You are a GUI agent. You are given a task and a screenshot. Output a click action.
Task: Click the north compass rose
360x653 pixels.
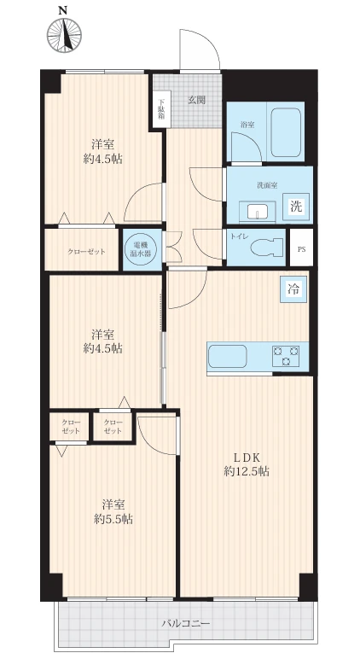click(x=64, y=36)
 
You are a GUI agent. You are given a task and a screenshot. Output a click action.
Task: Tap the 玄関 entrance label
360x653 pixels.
click(x=196, y=100)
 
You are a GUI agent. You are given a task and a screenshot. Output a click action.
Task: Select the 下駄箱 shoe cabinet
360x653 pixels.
click(x=160, y=109)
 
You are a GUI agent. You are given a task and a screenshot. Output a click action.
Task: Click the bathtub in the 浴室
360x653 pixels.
click(x=286, y=132)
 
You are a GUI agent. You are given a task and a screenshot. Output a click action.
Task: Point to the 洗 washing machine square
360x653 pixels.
click(x=296, y=207)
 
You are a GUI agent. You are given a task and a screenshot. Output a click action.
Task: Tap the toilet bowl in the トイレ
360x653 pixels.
click(x=268, y=248)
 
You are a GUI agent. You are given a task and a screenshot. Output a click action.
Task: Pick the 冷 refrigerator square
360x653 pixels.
click(x=293, y=289)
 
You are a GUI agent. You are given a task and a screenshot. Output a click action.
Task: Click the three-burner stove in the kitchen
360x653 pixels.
click(x=286, y=356)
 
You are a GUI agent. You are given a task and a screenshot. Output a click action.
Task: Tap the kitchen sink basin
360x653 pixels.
click(x=227, y=357)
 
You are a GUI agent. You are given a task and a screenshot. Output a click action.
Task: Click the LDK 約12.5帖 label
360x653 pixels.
click(x=247, y=464)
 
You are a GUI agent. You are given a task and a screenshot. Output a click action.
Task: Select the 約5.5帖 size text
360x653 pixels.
click(x=113, y=519)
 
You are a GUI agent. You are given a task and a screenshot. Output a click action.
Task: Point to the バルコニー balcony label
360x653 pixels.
click(x=186, y=623)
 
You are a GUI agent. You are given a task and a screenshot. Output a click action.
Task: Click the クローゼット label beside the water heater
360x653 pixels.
click(x=86, y=252)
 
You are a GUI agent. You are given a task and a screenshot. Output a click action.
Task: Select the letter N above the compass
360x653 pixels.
click(x=63, y=11)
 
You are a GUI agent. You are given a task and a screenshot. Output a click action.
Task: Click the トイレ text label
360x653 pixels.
click(x=237, y=236)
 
